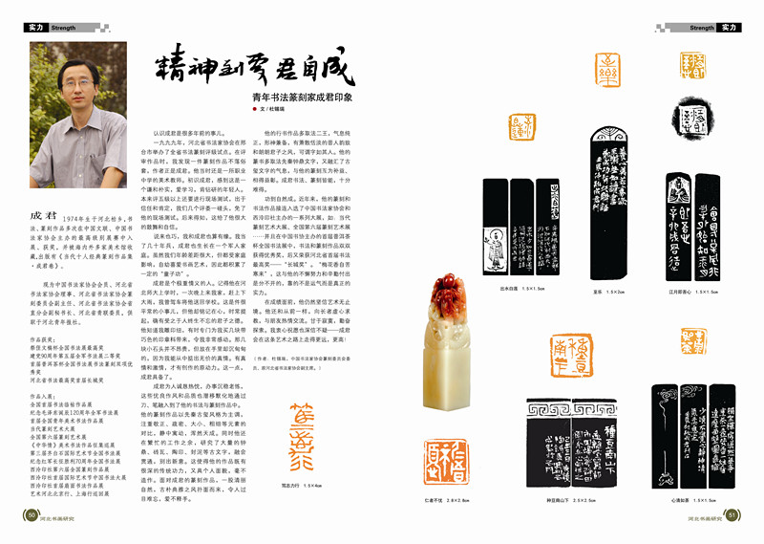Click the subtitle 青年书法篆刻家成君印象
(x=302, y=98)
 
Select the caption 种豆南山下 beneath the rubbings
(x=559, y=500)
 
